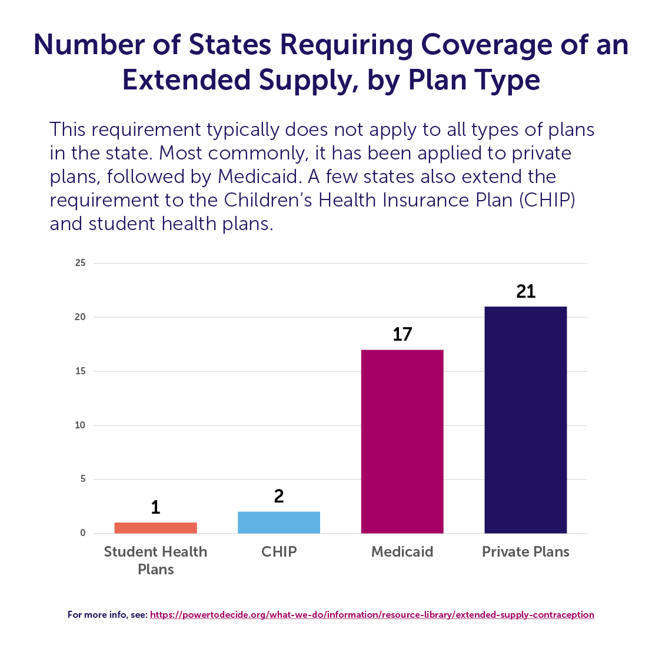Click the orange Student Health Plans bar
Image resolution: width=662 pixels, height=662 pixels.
click(x=155, y=528)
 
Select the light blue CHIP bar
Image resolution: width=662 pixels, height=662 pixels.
click(x=279, y=523)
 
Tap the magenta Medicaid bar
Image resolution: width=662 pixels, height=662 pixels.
click(x=402, y=441)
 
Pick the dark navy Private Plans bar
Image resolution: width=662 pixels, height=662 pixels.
click(x=525, y=420)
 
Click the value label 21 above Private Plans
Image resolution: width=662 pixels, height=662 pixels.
click(x=525, y=291)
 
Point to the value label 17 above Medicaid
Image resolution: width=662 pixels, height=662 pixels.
click(x=402, y=334)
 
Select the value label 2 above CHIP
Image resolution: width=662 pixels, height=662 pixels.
click(x=279, y=496)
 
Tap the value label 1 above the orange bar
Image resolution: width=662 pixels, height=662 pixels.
click(x=155, y=507)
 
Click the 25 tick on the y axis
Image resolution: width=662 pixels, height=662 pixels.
click(x=81, y=263)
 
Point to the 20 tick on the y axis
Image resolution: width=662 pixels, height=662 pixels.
click(x=81, y=317)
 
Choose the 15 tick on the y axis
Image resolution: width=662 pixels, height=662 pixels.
click(x=81, y=371)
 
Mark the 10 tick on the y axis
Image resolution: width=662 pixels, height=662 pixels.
click(x=81, y=425)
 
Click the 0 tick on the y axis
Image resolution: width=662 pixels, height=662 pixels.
click(x=83, y=533)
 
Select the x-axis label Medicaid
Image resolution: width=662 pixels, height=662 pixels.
click(x=402, y=552)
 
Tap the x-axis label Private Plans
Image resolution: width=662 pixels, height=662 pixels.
click(x=525, y=552)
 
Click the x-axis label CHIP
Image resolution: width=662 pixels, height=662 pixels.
click(x=279, y=552)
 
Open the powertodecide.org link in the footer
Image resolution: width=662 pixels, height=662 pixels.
click(x=372, y=615)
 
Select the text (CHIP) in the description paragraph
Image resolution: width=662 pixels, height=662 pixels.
click(x=547, y=200)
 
